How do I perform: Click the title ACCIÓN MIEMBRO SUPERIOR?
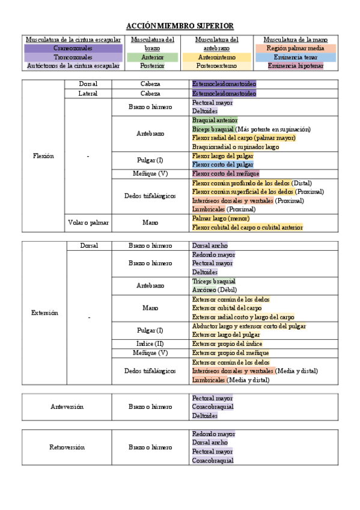click(180, 26)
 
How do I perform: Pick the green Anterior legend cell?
click(153, 57)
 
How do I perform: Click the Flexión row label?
click(43, 156)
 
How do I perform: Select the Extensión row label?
click(45, 313)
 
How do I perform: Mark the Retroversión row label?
click(67, 447)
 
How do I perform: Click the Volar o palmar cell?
click(88, 223)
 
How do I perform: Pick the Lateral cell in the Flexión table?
click(88, 94)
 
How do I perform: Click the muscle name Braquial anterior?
click(215, 120)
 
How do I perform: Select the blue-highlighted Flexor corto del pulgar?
click(222, 164)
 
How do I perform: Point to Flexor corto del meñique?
click(225, 174)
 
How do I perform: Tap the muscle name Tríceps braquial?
click(213, 281)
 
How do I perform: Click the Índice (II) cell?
click(150, 343)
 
